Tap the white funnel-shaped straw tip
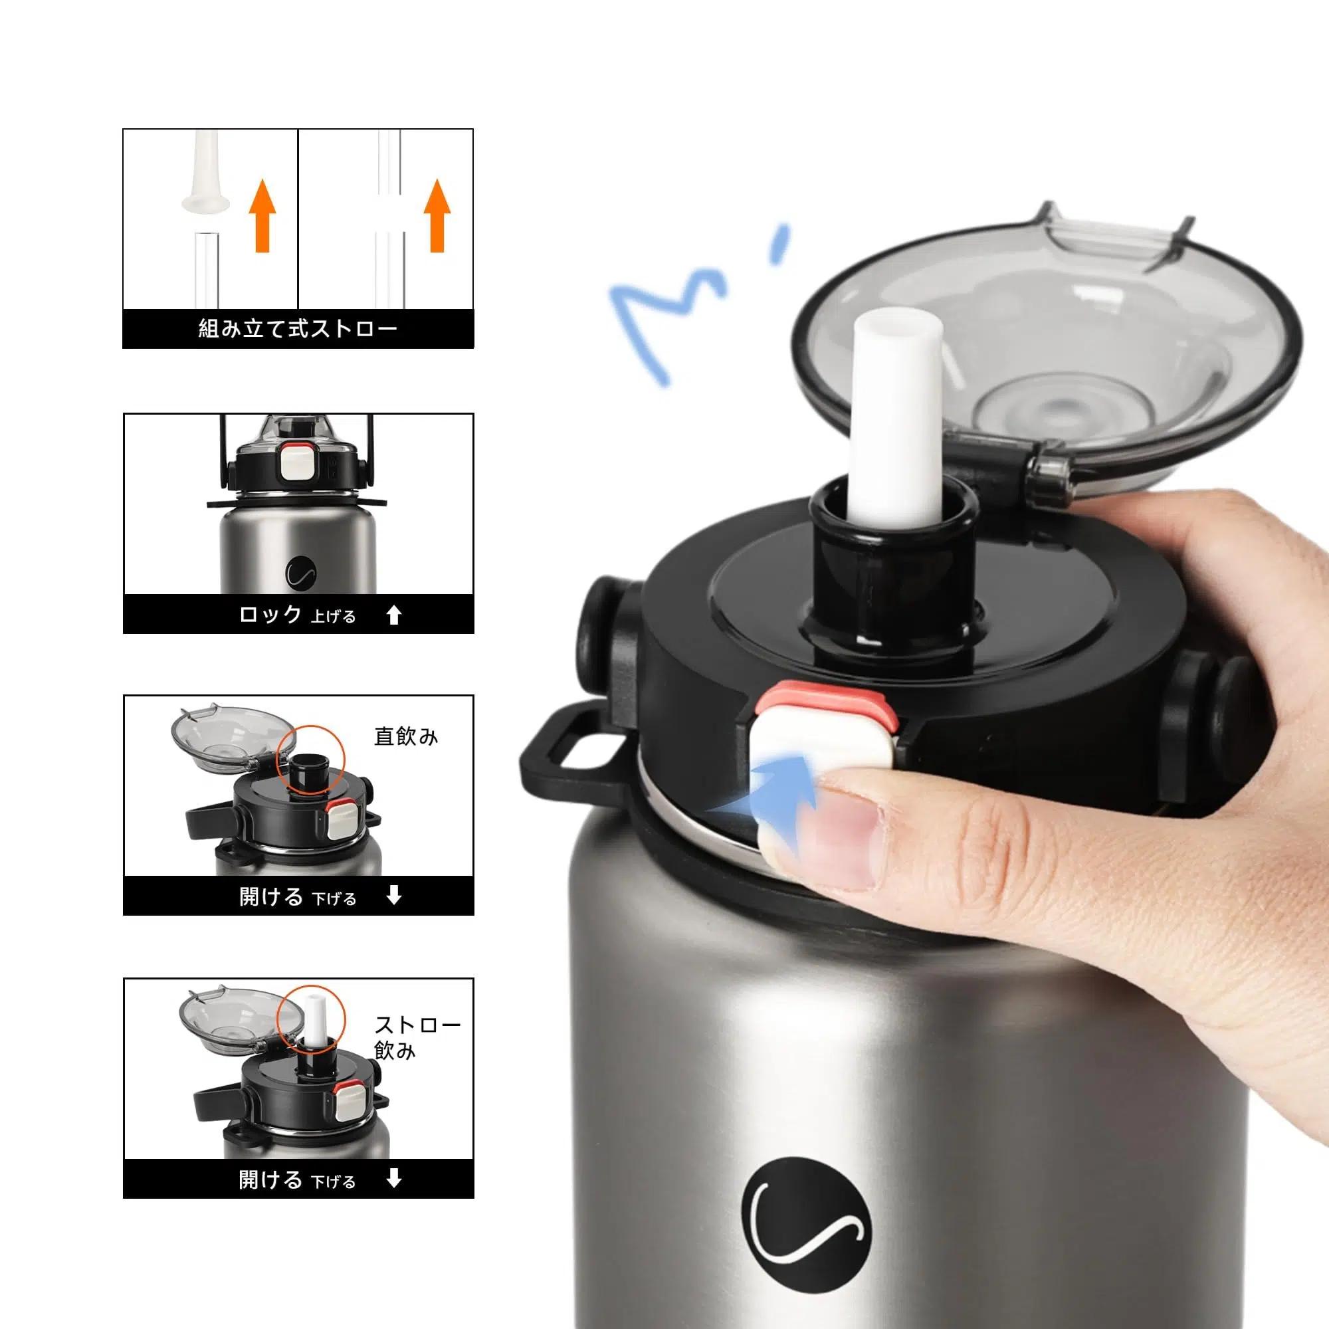[x=204, y=172]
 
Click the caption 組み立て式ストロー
[x=298, y=328]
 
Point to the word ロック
[x=270, y=613]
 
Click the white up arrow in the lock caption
[x=394, y=614]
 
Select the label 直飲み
[x=406, y=737]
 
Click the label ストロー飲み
[x=417, y=1038]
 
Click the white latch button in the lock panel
[x=297, y=464]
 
